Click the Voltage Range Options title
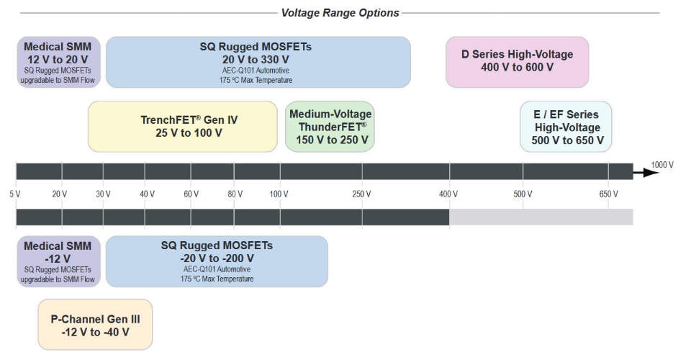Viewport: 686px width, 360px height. point(340,12)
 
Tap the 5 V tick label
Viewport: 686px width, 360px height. point(15,194)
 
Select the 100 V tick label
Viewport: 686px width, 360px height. point(279,194)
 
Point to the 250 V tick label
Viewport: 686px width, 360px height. point(362,194)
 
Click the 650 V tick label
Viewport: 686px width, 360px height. point(609,194)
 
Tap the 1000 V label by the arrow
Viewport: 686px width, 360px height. point(662,164)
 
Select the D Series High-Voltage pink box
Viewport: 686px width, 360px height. point(517,61)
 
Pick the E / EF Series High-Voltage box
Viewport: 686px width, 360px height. point(566,127)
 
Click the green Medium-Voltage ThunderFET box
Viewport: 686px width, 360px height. point(330,127)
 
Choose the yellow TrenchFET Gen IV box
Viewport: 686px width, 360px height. point(183,127)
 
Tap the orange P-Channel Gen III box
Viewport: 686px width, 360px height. point(95,325)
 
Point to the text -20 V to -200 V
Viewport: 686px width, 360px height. point(217,258)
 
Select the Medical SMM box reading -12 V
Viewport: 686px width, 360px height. point(58,261)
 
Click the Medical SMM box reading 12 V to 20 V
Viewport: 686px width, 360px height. point(58,62)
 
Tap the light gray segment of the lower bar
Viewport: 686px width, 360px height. point(541,217)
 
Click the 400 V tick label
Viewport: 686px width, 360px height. point(449,194)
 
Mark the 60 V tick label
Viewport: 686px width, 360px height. point(191,194)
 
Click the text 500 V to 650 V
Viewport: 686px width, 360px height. point(568,140)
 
